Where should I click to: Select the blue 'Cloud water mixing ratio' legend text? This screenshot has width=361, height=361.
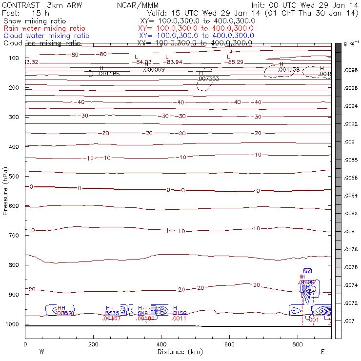[46, 36]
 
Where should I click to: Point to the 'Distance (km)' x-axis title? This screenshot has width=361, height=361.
[174, 352]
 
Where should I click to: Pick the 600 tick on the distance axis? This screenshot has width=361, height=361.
[229, 344]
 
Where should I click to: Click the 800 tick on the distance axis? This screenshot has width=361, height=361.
[298, 344]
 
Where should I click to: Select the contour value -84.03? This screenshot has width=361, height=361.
[143, 62]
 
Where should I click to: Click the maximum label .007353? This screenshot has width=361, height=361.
[208, 78]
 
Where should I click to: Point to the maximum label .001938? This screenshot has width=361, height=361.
[289, 70]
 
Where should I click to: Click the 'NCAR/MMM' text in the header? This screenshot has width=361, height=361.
[134, 5]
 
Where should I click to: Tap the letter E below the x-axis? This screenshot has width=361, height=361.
[322, 351]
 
